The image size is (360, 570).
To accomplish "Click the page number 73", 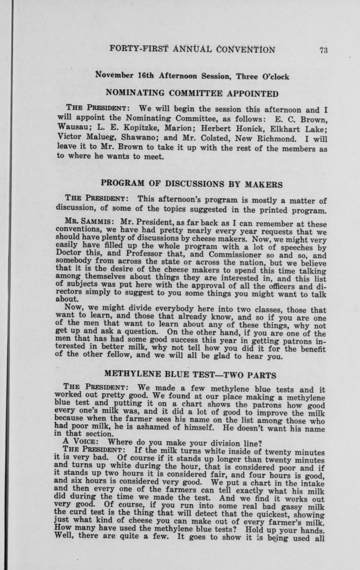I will pos(323,50).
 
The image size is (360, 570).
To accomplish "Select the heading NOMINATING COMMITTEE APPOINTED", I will pos(192,93).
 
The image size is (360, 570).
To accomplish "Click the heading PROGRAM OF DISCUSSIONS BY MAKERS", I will pos(192,184).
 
